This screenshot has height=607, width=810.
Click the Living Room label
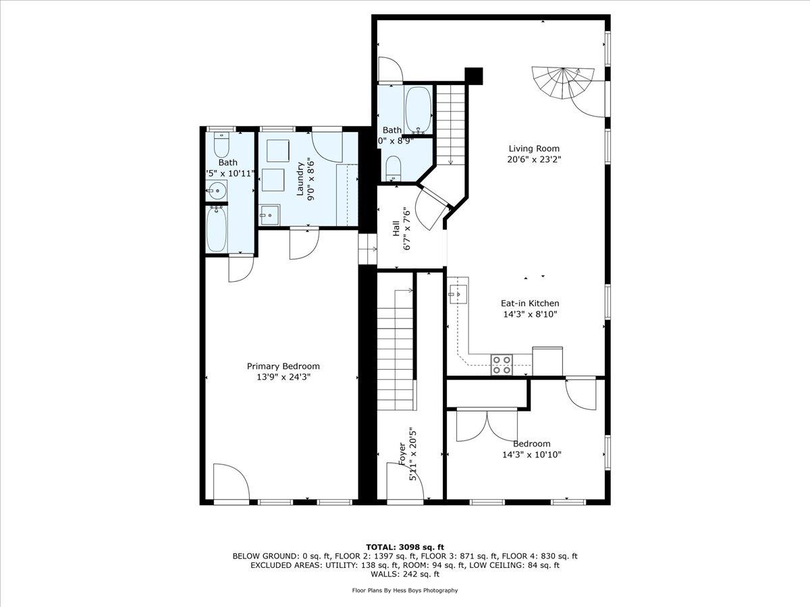(534, 148)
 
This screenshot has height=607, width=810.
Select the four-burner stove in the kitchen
(501, 364)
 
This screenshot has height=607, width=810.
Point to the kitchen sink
(458, 294)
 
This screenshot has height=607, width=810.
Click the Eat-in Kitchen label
(529, 303)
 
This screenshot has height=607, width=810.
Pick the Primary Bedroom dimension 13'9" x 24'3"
(283, 377)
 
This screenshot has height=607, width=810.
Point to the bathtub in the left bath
(218, 229)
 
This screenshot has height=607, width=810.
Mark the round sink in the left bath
(217, 191)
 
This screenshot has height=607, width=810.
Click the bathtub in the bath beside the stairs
(418, 109)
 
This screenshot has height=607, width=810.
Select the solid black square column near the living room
(475, 76)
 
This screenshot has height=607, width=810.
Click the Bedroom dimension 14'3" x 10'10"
(531, 455)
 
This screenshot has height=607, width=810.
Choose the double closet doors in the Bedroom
(487, 425)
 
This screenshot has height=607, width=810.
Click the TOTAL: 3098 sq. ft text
(404, 547)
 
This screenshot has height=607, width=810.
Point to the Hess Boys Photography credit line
(404, 590)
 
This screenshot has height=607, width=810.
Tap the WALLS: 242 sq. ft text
(404, 575)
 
